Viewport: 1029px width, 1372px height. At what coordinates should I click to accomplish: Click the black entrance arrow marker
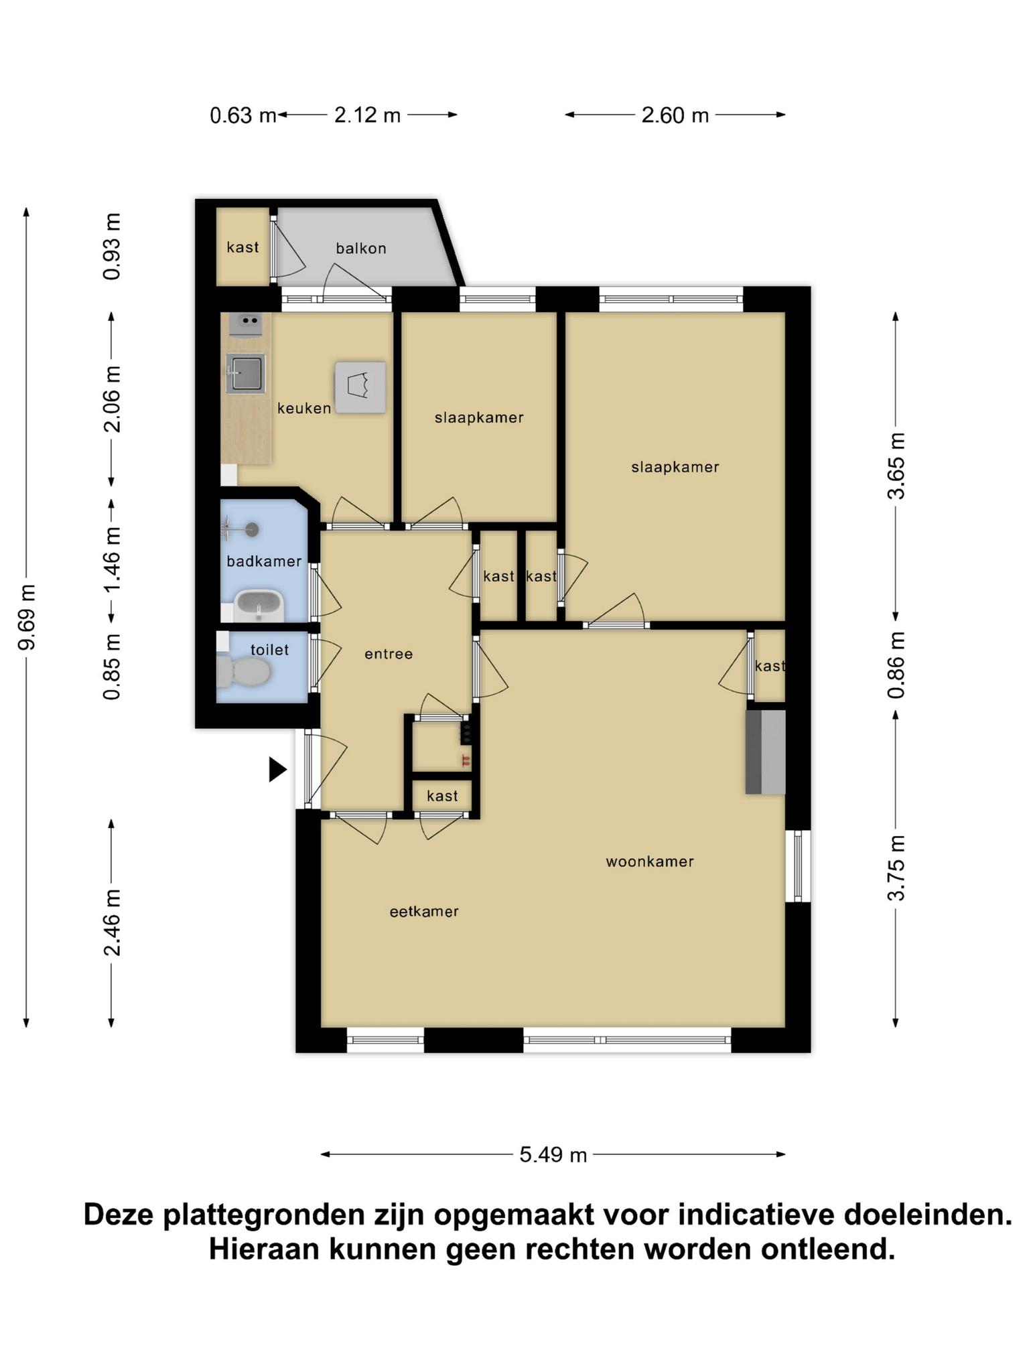(277, 769)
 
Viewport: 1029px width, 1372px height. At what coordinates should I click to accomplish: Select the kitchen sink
(246, 374)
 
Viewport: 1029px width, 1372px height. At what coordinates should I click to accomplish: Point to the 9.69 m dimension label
(27, 617)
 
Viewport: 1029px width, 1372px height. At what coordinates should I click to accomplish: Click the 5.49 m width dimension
(553, 1154)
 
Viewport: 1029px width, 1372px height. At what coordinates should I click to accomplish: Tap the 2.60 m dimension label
(675, 115)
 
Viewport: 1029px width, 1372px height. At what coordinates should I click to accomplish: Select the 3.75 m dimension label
(896, 868)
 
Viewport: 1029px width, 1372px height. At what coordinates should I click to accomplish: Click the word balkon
(361, 249)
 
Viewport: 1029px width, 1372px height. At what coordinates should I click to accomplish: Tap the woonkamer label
(650, 862)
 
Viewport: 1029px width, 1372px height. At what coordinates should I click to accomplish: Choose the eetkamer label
(424, 911)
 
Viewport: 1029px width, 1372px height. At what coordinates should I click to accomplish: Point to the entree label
(389, 654)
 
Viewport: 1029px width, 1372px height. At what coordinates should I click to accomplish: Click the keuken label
(304, 408)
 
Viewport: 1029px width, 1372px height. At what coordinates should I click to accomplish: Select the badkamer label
(264, 561)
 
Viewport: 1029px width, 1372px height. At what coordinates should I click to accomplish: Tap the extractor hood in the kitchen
(360, 387)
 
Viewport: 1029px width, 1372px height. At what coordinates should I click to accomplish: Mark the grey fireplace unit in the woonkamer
(766, 752)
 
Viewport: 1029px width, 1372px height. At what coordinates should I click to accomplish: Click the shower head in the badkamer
(252, 530)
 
